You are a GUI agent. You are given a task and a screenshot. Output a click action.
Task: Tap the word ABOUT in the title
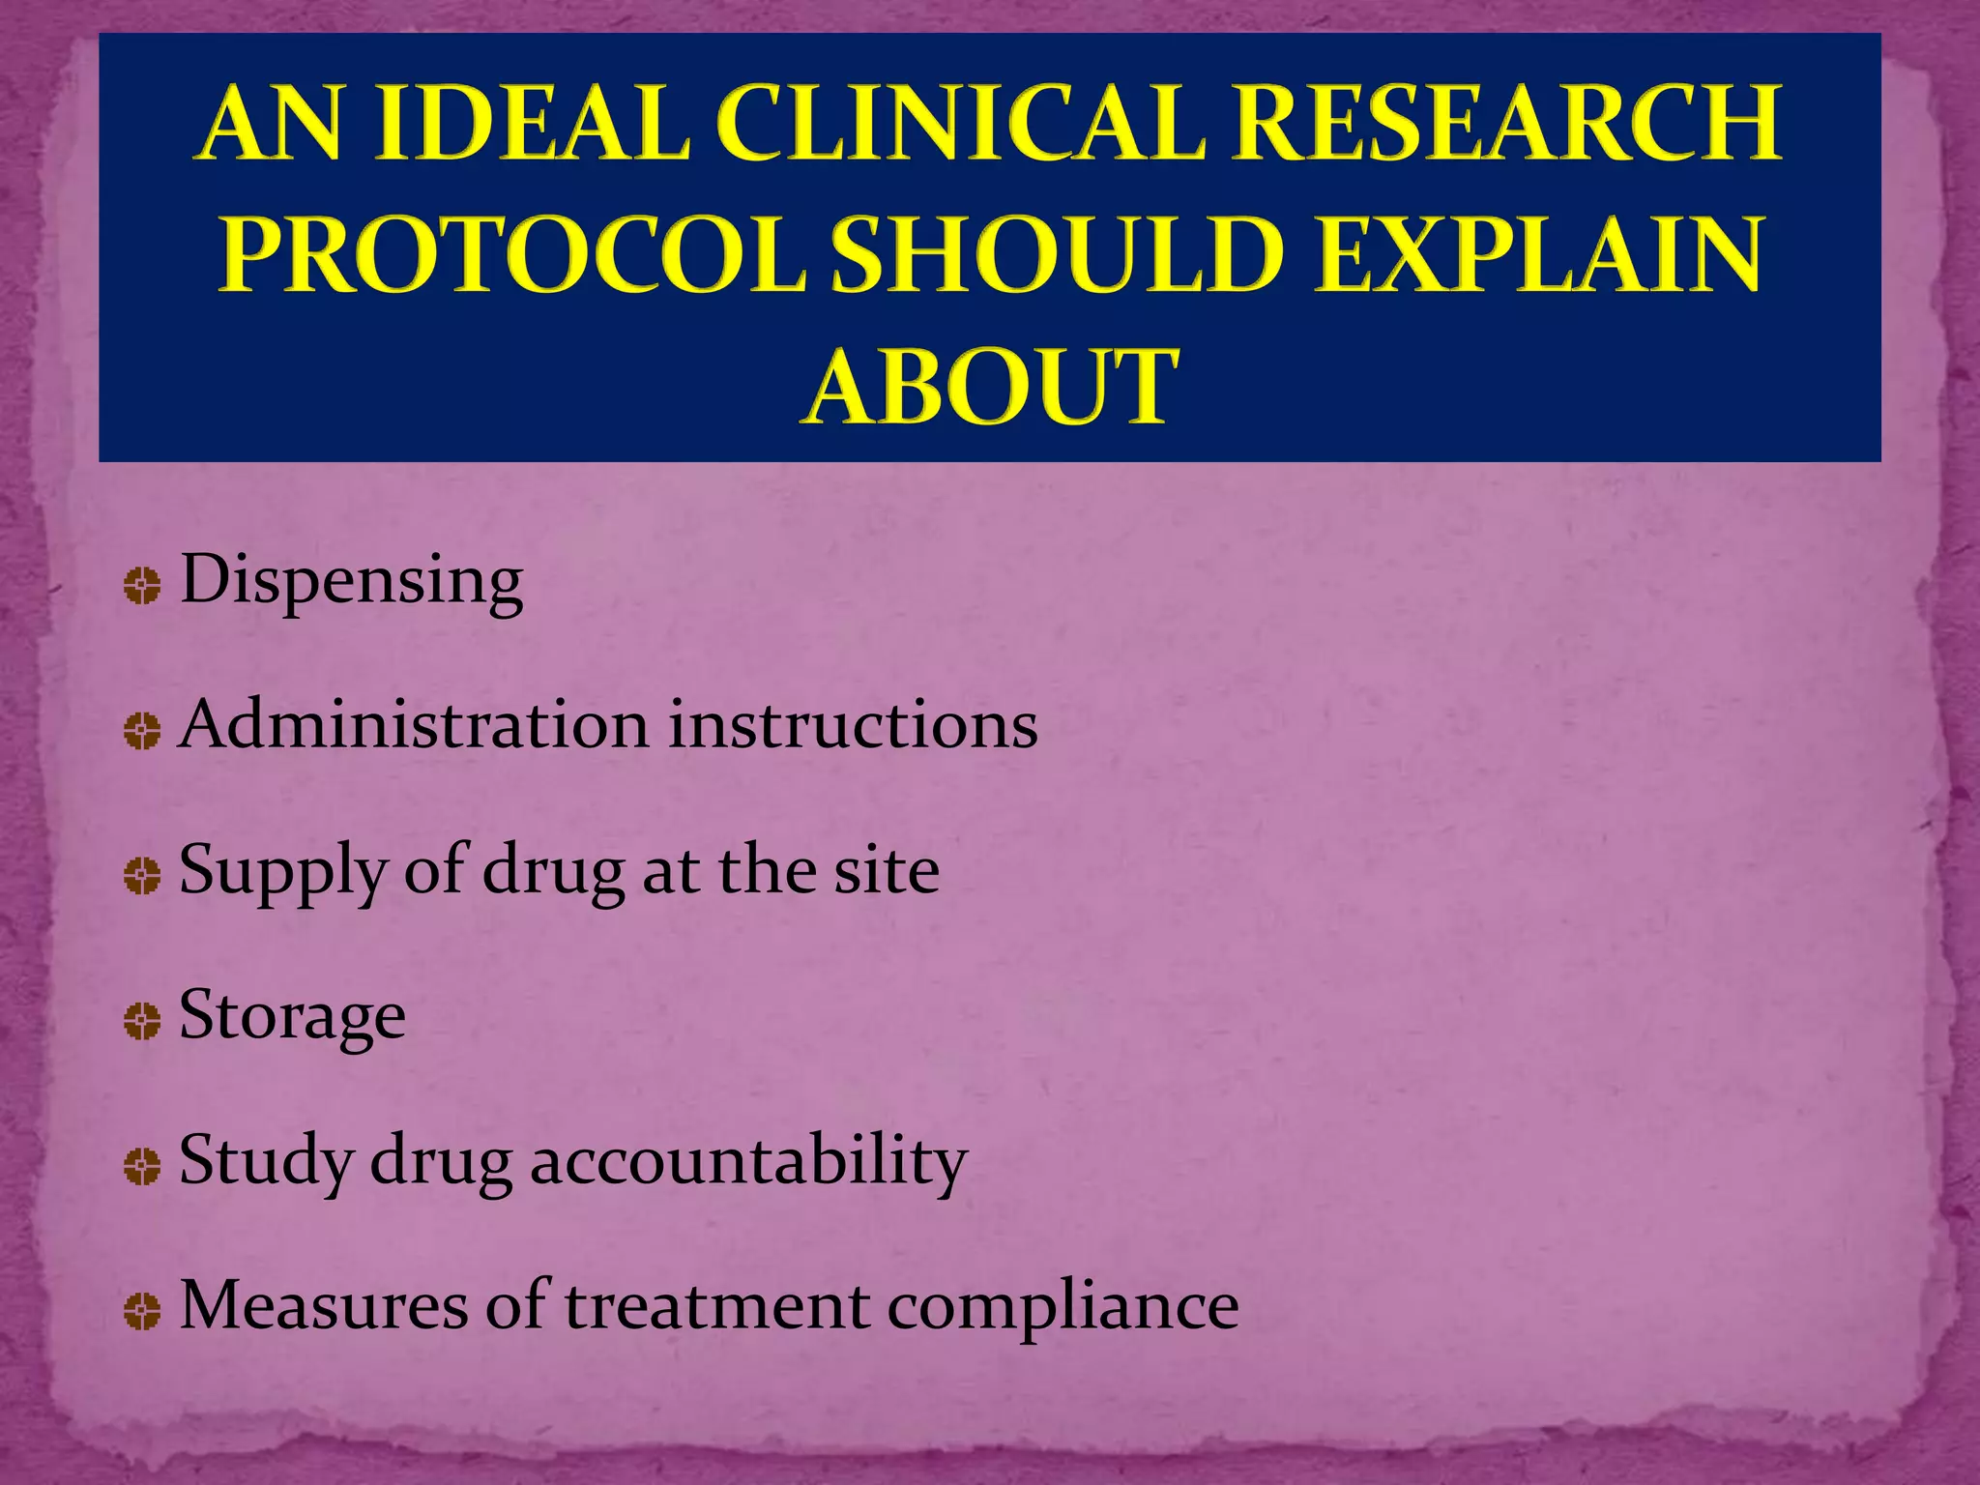[x=990, y=387]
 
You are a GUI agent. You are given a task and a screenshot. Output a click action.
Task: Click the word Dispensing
[x=352, y=581]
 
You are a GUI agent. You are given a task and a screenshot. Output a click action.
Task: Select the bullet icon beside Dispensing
[x=142, y=586]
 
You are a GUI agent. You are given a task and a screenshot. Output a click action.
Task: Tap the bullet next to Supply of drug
[x=142, y=876]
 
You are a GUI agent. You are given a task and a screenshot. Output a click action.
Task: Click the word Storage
[x=292, y=1016]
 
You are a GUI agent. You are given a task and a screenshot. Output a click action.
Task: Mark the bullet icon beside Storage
[x=142, y=1021]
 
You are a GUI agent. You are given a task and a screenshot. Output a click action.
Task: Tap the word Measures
[x=324, y=1305]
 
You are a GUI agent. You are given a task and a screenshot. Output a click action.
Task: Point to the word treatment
[x=716, y=1305]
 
